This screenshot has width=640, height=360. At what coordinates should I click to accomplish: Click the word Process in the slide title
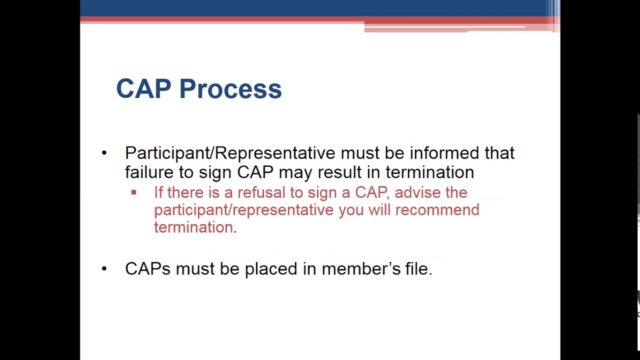[230, 89]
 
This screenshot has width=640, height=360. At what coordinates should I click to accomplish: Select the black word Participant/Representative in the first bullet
[230, 153]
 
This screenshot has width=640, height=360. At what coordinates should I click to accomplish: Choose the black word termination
[429, 172]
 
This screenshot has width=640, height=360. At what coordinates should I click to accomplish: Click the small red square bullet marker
[133, 192]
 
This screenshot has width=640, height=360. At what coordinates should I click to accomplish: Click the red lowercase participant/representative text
[244, 210]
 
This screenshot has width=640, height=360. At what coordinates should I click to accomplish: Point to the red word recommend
[437, 210]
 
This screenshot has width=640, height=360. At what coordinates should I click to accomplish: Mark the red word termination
[195, 227]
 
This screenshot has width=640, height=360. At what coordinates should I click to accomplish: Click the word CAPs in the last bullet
[147, 269]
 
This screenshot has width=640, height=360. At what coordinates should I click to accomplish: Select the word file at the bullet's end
[418, 269]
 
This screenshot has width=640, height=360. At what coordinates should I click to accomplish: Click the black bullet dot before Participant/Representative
[104, 153]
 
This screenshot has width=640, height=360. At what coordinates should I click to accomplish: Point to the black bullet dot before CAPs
[104, 269]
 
